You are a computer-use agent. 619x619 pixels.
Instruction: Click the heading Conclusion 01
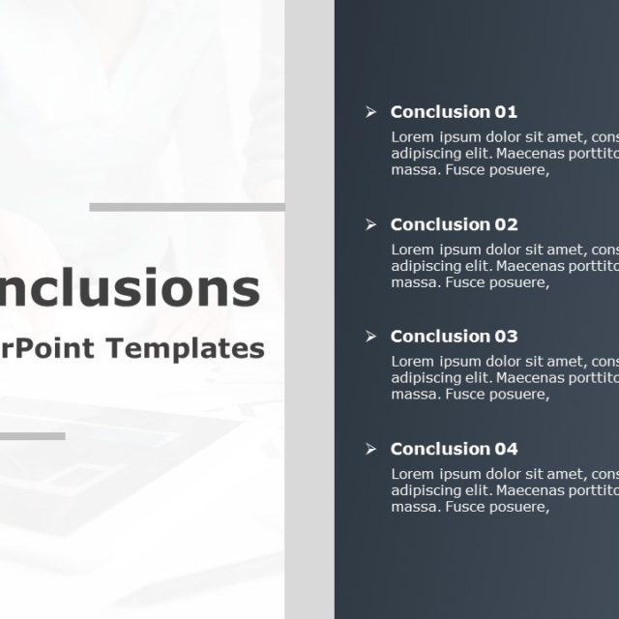click(454, 112)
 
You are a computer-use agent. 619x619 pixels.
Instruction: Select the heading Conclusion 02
click(454, 224)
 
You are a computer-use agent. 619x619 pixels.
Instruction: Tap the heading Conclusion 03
click(454, 337)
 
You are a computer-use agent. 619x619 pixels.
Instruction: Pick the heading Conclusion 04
click(454, 449)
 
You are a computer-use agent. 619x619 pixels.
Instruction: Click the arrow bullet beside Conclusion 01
click(370, 112)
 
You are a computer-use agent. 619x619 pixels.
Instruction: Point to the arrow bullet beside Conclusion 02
click(370, 224)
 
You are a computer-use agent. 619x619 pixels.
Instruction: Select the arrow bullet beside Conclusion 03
click(370, 337)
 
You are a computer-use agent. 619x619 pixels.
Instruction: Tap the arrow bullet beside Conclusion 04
click(370, 449)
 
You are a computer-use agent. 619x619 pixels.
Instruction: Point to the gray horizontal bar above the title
click(187, 207)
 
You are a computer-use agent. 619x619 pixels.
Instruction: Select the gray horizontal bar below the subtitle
click(32, 436)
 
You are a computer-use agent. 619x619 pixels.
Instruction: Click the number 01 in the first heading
click(506, 112)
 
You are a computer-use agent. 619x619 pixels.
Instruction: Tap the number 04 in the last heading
click(506, 449)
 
